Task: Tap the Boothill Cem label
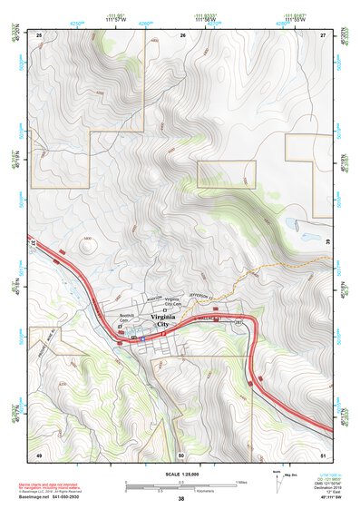click(126, 318)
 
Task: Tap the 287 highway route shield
click(239, 322)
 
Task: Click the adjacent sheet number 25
click(39, 34)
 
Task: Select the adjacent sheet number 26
click(182, 34)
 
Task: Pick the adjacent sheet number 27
click(323, 34)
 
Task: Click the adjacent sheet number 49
click(39, 454)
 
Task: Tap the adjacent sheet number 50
click(181, 454)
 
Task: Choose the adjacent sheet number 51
click(323, 454)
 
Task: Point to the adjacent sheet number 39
click(328, 242)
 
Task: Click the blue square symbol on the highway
click(142, 338)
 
